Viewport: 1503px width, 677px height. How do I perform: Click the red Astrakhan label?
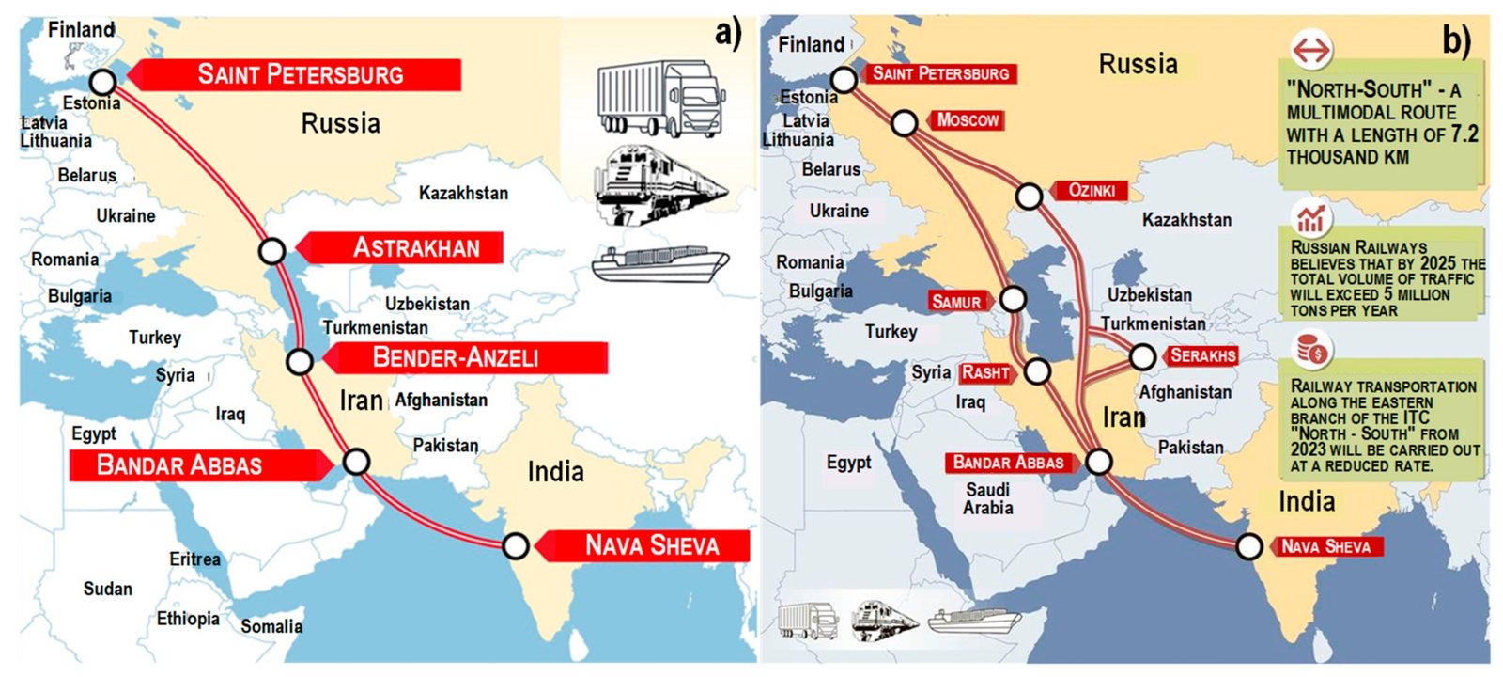pos(415,248)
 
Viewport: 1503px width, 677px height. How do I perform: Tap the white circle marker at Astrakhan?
pos(272,251)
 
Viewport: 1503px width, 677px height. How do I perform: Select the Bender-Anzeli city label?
pos(456,357)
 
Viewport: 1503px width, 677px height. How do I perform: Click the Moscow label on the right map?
pos(968,120)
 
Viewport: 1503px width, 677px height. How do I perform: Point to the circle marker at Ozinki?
pos(1030,197)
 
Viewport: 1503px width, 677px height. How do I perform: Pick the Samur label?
pos(956,302)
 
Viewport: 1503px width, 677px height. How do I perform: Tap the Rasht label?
pos(985,372)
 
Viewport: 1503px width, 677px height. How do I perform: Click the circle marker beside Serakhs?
pos(1142,357)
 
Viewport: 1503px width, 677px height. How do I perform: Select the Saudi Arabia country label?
pos(987,498)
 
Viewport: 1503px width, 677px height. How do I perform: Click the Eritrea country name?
pos(194,559)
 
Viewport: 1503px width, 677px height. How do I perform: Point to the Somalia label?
pos(271,627)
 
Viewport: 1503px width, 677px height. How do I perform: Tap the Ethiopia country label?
pos(188,619)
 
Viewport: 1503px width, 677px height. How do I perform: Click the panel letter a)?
pos(727,33)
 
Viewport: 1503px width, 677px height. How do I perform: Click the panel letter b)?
pos(1456,40)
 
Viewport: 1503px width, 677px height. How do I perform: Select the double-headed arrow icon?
pos(1311,50)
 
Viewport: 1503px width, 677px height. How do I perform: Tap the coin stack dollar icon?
pos(1311,350)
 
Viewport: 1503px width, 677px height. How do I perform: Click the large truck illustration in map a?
pos(660,99)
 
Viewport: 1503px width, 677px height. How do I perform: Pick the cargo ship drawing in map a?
pos(660,263)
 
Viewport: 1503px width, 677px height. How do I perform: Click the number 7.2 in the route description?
pos(1464,134)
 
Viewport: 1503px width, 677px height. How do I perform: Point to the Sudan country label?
pos(108,590)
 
